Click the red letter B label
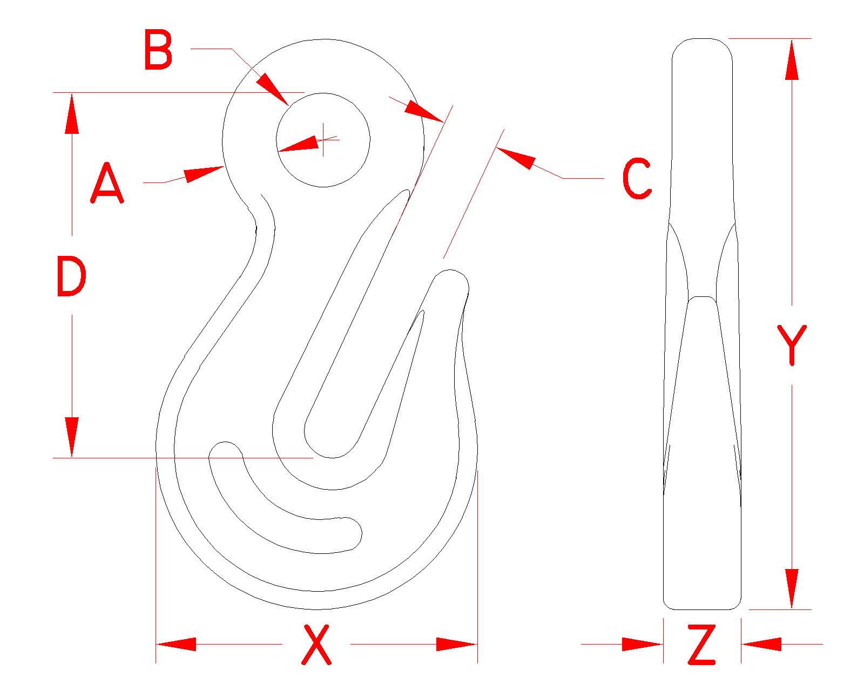click(159, 51)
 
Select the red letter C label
click(637, 179)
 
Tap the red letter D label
click(71, 277)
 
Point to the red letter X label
click(316, 644)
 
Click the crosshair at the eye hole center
click(323, 140)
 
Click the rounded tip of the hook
click(451, 281)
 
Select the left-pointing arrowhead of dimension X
click(175, 644)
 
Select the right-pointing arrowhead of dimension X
click(457, 644)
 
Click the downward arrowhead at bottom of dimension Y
click(792, 588)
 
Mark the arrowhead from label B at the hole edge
click(273, 89)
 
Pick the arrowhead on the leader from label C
click(516, 158)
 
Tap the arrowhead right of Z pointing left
click(761, 644)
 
